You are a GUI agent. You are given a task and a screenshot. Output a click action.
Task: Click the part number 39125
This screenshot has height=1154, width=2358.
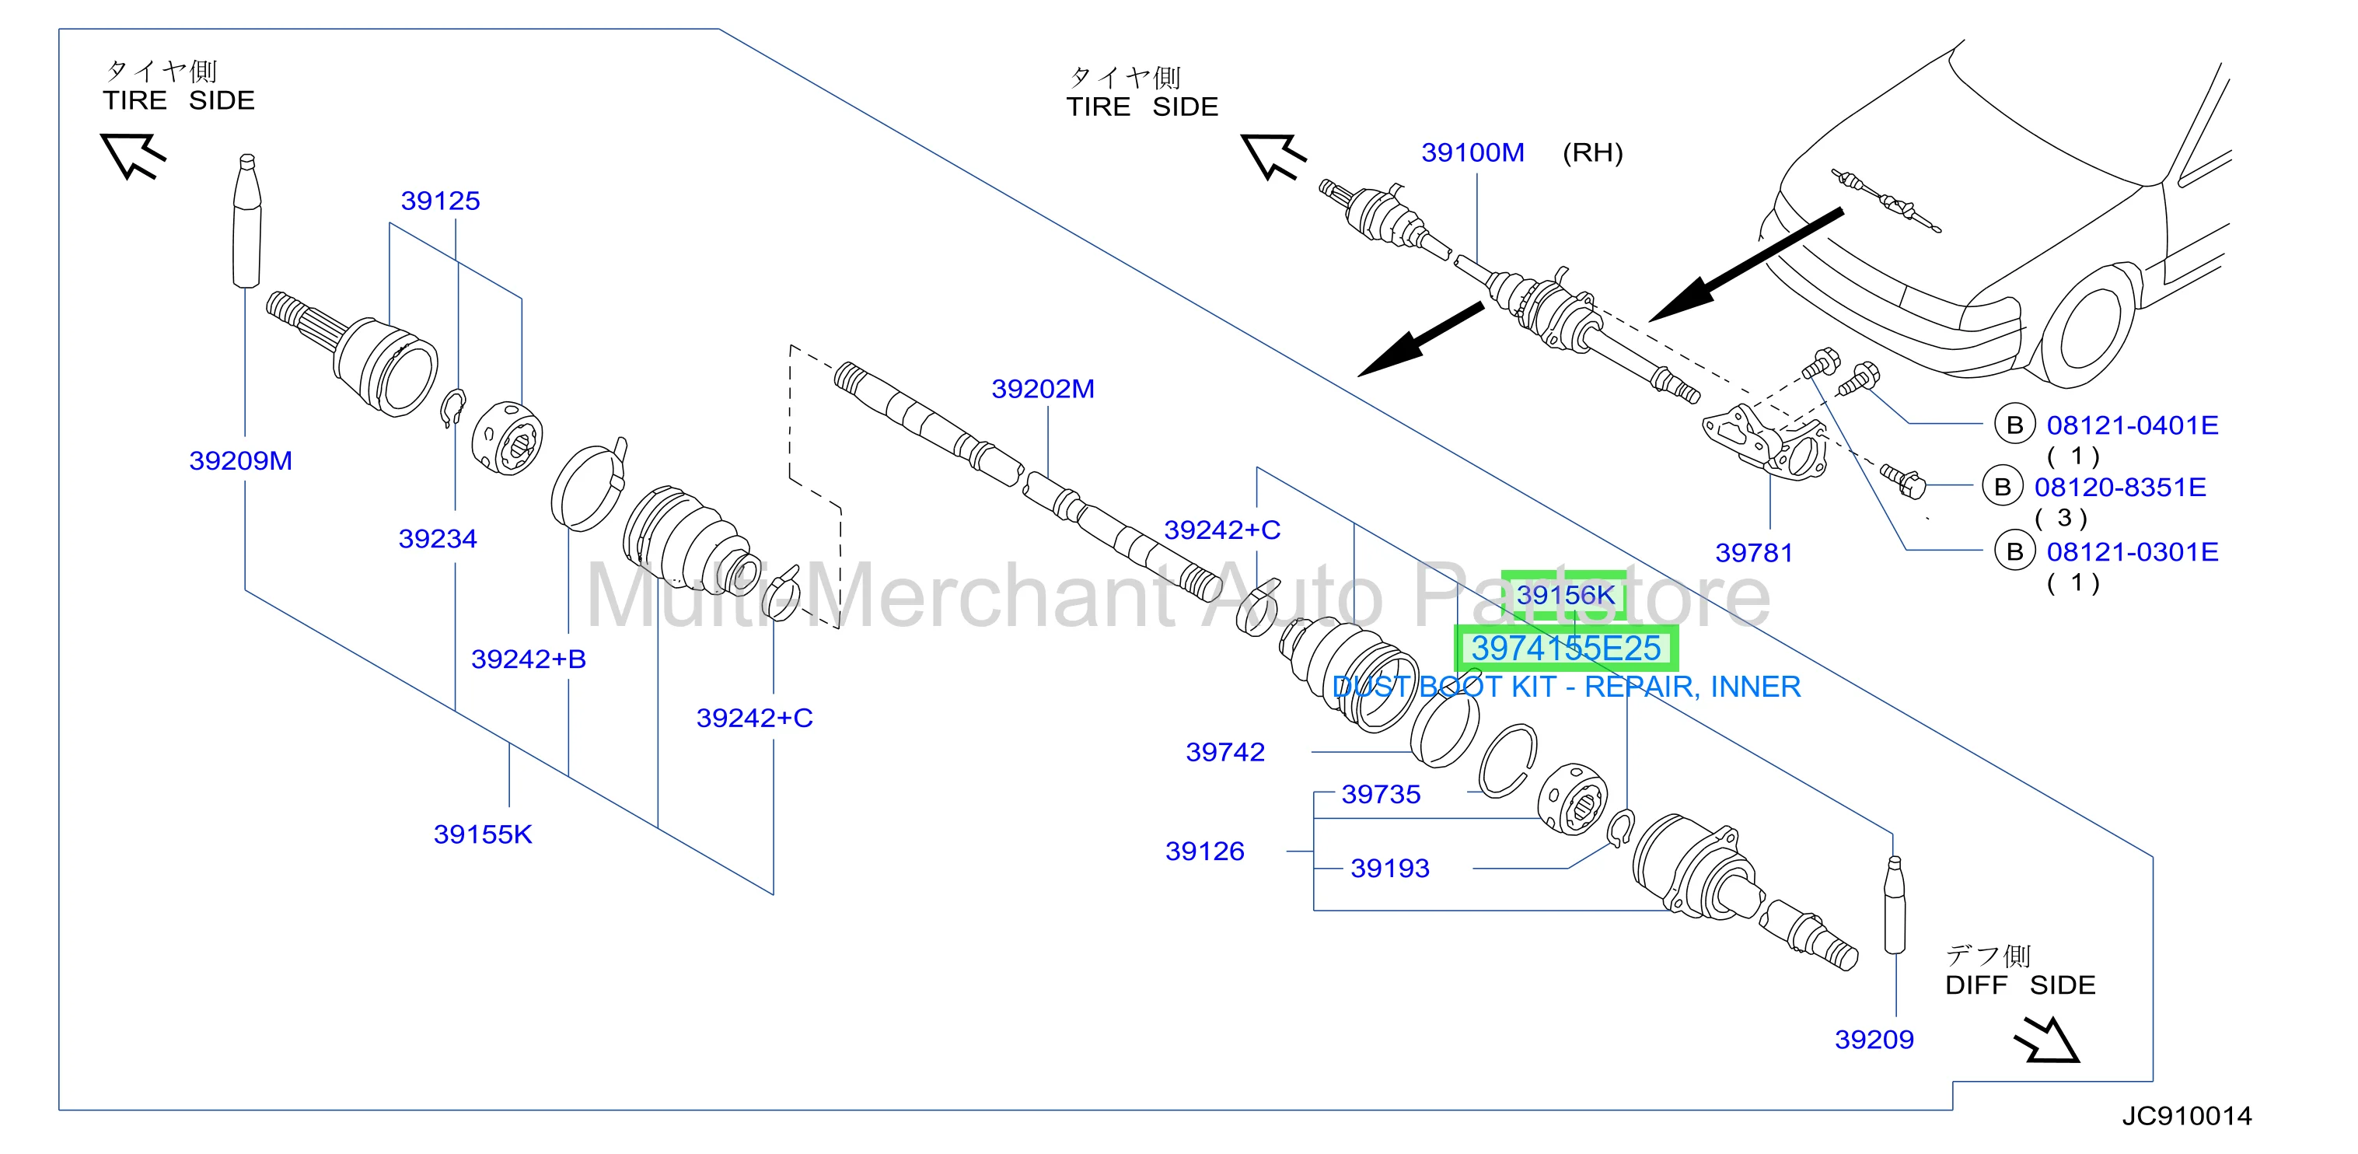pyautogui.click(x=440, y=201)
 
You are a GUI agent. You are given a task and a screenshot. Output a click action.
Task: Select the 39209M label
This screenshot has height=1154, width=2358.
pyautogui.click(x=241, y=460)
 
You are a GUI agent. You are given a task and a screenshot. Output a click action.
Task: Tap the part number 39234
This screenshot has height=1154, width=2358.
pyautogui.click(x=438, y=539)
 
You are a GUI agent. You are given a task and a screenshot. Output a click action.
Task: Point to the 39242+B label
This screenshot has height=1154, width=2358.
pyautogui.click(x=528, y=659)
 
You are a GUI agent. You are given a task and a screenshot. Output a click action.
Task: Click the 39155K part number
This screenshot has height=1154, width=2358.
pyautogui.click(x=482, y=834)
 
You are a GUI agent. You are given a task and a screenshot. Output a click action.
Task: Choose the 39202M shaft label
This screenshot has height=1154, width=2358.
pyautogui.click(x=1043, y=390)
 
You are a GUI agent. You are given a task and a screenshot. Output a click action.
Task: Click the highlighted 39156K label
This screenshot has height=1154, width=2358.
pyautogui.click(x=1564, y=596)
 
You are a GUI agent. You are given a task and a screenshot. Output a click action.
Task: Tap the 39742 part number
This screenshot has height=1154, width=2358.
pyautogui.click(x=1224, y=752)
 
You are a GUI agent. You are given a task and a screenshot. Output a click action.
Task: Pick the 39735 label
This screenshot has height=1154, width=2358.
pyautogui.click(x=1381, y=794)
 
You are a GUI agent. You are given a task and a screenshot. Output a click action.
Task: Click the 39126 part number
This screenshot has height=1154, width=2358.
pyautogui.click(x=1204, y=851)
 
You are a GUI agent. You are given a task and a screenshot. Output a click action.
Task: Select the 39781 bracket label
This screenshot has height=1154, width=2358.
pyautogui.click(x=1754, y=552)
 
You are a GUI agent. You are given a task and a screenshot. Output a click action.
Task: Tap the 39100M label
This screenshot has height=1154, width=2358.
pyautogui.click(x=1472, y=152)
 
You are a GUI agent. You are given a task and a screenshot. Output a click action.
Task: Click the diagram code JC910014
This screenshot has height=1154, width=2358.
pyautogui.click(x=2187, y=1116)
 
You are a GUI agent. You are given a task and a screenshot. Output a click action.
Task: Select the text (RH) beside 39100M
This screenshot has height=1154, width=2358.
pyautogui.click(x=1593, y=152)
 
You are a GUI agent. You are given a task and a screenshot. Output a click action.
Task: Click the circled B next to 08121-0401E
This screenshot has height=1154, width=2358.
pyautogui.click(x=2014, y=425)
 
